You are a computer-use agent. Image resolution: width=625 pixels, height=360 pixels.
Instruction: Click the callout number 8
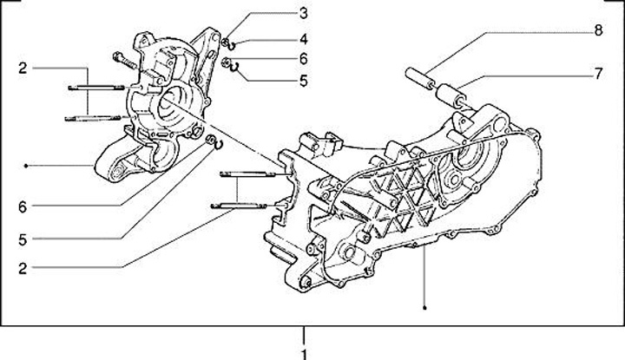pos(598,31)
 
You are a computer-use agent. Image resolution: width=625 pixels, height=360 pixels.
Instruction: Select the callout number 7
pos(598,75)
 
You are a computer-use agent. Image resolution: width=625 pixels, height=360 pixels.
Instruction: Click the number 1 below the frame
pos(303,353)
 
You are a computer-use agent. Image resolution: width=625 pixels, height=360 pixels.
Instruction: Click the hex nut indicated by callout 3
pos(225,43)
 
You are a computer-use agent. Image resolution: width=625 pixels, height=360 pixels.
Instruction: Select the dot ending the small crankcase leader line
pos(29,165)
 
